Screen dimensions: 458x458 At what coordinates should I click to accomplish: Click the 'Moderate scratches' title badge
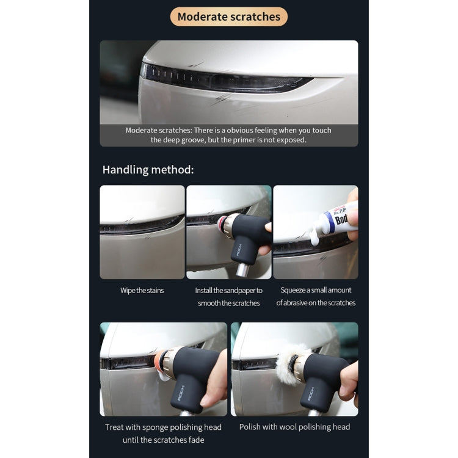[229, 16]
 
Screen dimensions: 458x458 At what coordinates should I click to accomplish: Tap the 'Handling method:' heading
[148, 170]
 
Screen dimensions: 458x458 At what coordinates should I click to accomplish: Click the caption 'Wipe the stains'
[142, 290]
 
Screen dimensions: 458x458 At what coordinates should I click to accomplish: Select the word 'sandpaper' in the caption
[239, 290]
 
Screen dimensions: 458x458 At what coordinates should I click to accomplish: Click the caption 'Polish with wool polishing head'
[294, 427]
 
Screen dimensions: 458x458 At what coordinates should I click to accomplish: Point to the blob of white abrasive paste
[314, 237]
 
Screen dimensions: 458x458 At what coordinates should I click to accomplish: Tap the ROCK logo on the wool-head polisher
[311, 393]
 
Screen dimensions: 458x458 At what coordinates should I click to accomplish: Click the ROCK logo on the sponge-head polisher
[181, 393]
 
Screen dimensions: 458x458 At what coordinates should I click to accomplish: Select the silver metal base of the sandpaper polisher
[242, 270]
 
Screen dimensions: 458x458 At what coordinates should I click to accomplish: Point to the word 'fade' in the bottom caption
[196, 440]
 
